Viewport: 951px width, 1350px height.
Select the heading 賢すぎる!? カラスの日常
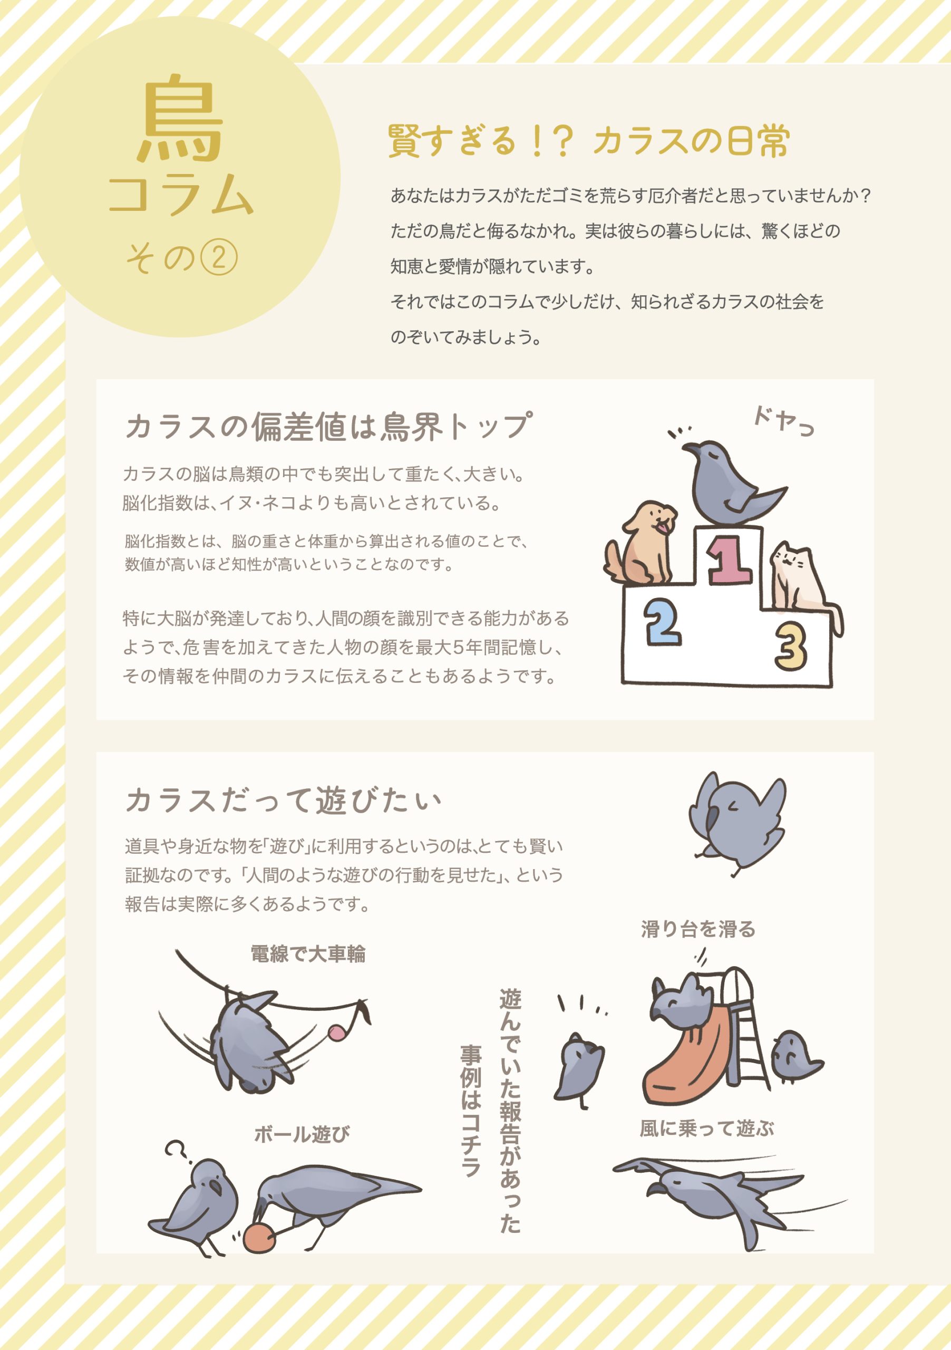(x=588, y=141)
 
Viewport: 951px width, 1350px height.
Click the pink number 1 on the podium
(x=729, y=559)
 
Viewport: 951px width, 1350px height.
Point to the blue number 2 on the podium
(x=663, y=622)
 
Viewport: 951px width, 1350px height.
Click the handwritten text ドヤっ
(x=783, y=421)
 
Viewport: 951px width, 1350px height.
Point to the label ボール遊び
(x=302, y=1134)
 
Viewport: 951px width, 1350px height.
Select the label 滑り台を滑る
(x=698, y=929)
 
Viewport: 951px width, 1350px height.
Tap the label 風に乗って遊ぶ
(x=706, y=1129)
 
